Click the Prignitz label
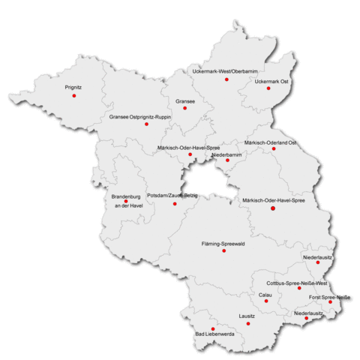(73, 87)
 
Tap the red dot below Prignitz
(73, 95)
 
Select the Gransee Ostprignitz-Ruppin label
(140, 117)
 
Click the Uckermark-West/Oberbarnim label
(225, 70)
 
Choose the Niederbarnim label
(227, 154)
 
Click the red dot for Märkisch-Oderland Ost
(274, 148)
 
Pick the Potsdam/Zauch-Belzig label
(172, 194)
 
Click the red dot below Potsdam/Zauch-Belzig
(175, 203)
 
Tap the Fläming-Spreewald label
(224, 244)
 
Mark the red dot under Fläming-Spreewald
(223, 250)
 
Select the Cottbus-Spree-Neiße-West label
(298, 283)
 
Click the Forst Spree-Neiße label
(330, 298)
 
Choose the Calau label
(265, 295)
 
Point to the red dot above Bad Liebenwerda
(213, 328)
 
